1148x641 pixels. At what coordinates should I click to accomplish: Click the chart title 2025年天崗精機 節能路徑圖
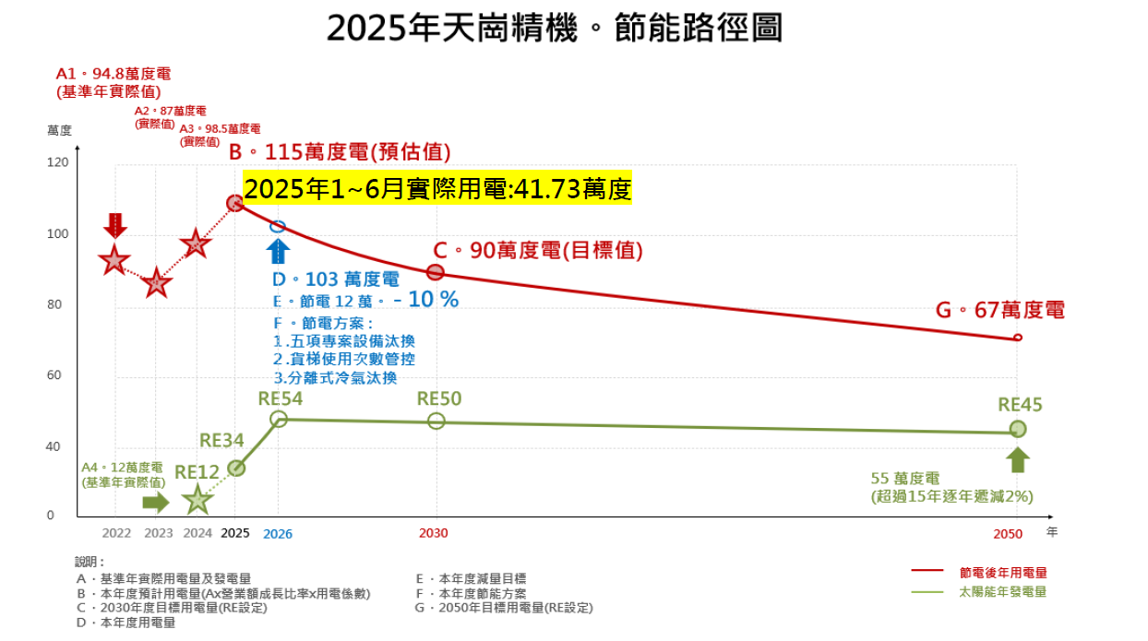[555, 29]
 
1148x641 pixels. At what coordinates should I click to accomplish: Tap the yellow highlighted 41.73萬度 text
[437, 189]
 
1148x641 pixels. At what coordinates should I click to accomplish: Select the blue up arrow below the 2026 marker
[278, 252]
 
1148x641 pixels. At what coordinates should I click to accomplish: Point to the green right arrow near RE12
[156, 502]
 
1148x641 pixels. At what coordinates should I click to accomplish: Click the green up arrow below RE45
[1018, 459]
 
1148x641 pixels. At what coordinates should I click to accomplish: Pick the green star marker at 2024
[197, 500]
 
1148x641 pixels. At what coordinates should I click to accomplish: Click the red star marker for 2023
[157, 284]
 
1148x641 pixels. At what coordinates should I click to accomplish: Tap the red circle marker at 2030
[436, 272]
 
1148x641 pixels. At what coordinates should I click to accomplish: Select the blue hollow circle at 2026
[278, 226]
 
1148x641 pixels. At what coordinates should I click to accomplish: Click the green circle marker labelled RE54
[279, 419]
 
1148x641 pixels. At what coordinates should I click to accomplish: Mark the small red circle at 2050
[1018, 338]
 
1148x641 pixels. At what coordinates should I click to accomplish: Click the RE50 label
[439, 398]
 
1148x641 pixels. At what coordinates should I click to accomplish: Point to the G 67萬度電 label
[999, 311]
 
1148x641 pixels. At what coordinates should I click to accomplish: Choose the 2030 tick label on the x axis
[433, 533]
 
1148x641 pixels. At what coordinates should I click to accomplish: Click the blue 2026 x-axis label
[278, 533]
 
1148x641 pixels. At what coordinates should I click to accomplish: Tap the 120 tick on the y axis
[58, 162]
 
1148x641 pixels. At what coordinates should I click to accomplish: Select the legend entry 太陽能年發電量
[1002, 592]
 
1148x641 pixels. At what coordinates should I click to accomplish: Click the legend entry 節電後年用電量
[1002, 573]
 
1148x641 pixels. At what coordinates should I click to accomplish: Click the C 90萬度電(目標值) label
[538, 250]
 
